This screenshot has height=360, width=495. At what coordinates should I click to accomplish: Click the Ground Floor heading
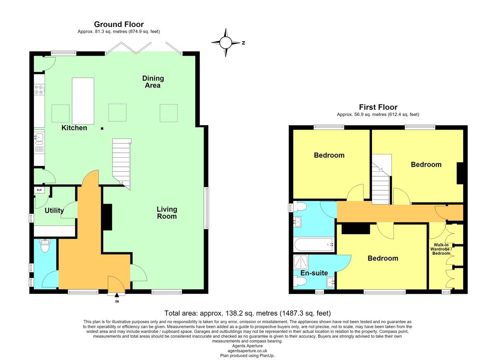pyautogui.click(x=119, y=24)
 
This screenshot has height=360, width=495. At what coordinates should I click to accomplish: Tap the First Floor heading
pyautogui.click(x=378, y=107)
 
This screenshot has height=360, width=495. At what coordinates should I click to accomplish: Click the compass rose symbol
pyautogui.click(x=226, y=43)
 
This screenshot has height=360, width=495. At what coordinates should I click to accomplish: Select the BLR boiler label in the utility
pyautogui.click(x=39, y=190)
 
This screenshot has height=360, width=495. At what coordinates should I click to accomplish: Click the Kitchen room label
pyautogui.click(x=74, y=128)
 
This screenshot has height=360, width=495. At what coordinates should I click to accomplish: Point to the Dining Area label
pyautogui.click(x=153, y=82)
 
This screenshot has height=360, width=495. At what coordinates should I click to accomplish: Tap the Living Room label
pyautogui.click(x=167, y=213)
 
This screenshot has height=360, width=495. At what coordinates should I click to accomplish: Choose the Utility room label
pyautogui.click(x=54, y=210)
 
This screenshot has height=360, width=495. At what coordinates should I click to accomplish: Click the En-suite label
pyautogui.click(x=314, y=273)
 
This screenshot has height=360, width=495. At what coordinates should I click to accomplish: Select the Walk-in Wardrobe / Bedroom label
pyautogui.click(x=441, y=249)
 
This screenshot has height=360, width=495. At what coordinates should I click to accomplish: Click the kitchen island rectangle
pyautogui.click(x=83, y=101)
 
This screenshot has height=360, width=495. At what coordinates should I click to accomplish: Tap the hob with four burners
pyautogui.click(x=39, y=90)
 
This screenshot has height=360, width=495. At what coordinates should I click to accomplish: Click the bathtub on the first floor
pyautogui.click(x=314, y=244)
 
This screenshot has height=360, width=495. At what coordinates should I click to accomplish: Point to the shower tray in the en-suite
pyautogui.click(x=301, y=262)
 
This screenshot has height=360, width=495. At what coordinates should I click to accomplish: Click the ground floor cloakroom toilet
pyautogui.click(x=45, y=246)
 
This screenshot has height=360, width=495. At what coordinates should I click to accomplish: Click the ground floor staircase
pyautogui.click(x=122, y=164)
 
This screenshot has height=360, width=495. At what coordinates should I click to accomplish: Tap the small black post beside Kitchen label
pyautogui.click(x=102, y=128)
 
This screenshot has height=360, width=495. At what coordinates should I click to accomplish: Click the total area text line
pyautogui.click(x=247, y=313)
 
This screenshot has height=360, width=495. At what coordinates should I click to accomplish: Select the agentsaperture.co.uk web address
pyautogui.click(x=247, y=351)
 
